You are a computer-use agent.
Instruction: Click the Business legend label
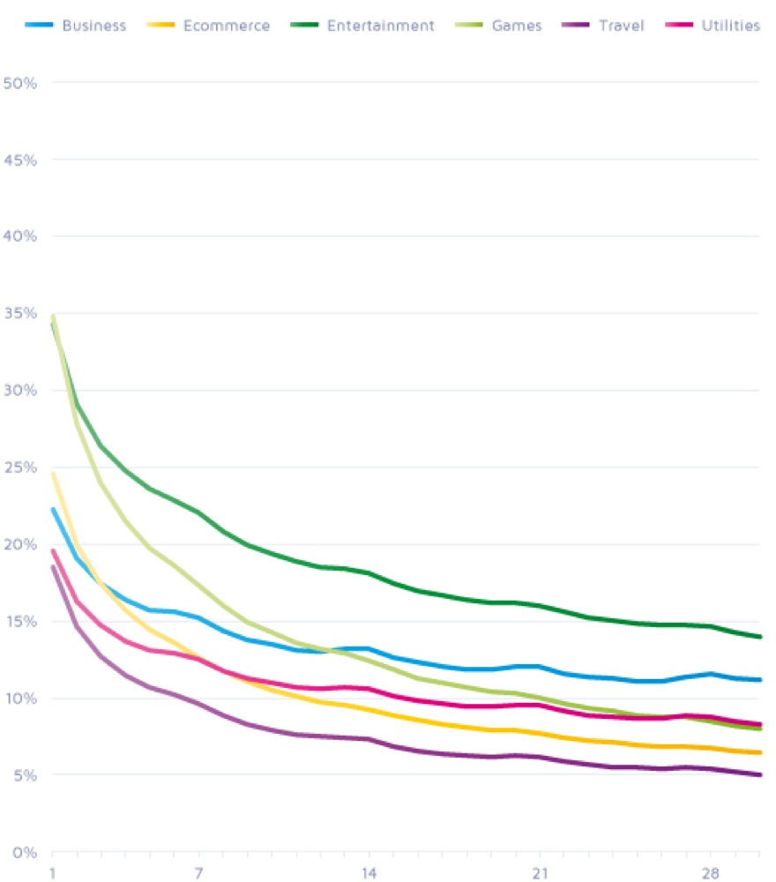[x=93, y=26]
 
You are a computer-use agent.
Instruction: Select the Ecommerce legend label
[x=227, y=26]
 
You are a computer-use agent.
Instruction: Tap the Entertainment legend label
[x=380, y=26]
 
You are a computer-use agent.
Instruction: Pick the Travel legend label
[x=623, y=26]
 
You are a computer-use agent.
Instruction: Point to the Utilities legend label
[x=732, y=26]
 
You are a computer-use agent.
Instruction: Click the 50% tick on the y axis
[x=19, y=83]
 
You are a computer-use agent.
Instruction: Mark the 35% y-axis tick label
[x=19, y=314]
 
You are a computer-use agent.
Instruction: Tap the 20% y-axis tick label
[x=19, y=545]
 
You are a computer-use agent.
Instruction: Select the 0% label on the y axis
[x=23, y=853]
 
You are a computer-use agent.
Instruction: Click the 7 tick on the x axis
[x=199, y=873]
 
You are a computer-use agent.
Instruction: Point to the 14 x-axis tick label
[x=369, y=873]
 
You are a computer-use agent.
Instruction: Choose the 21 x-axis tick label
[x=540, y=873]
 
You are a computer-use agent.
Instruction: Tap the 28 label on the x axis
[x=710, y=873]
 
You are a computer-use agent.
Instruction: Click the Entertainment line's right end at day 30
[x=759, y=637]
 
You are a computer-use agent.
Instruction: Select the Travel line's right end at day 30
[x=759, y=775]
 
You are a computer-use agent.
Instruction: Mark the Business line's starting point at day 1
[x=53, y=509]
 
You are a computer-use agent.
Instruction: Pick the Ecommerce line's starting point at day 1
[x=53, y=474]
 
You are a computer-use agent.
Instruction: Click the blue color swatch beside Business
[x=40, y=26]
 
